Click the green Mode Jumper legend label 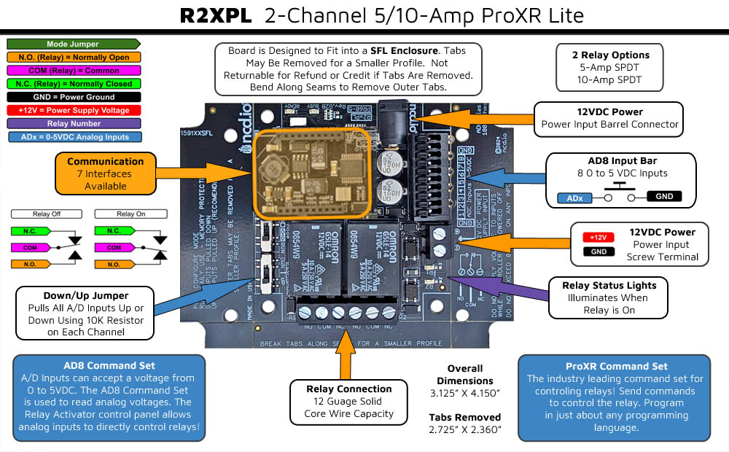click(x=72, y=44)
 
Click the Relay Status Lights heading click(x=609, y=285)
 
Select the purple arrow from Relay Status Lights click(x=503, y=284)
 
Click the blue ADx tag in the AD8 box click(x=574, y=198)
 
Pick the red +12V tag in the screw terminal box click(x=597, y=238)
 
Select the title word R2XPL click(x=217, y=16)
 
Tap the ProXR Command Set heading click(x=616, y=366)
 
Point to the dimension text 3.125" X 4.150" click(x=465, y=394)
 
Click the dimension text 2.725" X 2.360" click(x=465, y=430)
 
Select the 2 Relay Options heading click(x=610, y=55)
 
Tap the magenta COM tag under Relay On click(x=113, y=247)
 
